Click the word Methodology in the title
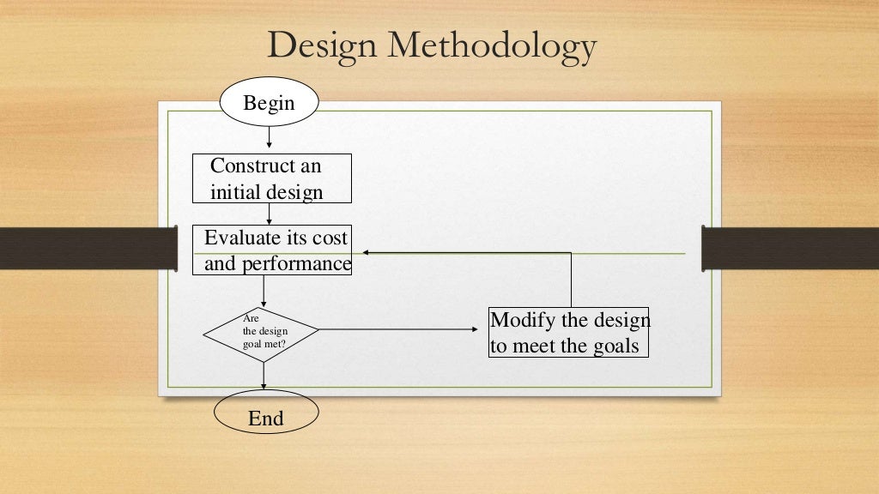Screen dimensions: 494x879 tap(492, 46)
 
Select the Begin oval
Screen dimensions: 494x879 tap(269, 104)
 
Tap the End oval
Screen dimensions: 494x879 tap(265, 418)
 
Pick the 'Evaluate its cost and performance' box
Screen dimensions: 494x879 tap(271, 250)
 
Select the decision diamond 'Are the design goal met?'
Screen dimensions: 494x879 tap(261, 331)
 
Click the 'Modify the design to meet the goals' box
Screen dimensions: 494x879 tap(568, 333)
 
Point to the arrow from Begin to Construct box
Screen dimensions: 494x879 tap(270, 137)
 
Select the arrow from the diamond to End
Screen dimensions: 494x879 tap(264, 376)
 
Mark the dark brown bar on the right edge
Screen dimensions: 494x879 tap(790, 248)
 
